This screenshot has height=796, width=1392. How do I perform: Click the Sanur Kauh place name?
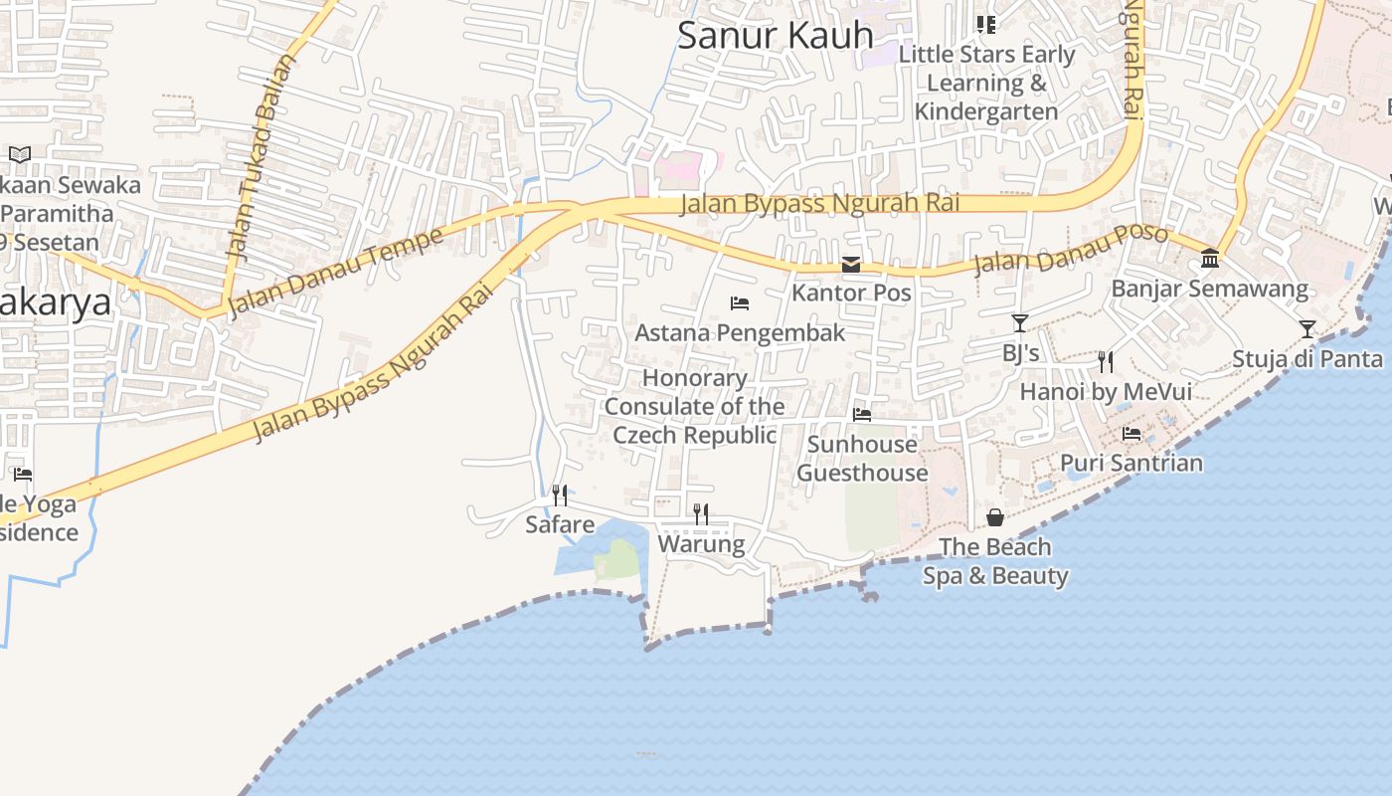[775, 35]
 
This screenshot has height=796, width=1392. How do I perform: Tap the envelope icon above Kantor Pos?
[851, 265]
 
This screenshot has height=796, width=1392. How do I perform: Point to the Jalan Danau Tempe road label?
[335, 272]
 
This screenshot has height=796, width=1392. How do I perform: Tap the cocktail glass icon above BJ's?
[1020, 323]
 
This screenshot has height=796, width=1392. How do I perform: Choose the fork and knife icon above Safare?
[560, 495]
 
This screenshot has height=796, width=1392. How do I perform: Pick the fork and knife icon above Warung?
[701, 513]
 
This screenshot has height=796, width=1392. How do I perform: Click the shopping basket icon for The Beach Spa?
[995, 517]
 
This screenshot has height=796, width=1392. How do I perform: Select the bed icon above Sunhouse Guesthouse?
[862, 414]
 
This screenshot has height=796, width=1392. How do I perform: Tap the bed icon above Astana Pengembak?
[739, 303]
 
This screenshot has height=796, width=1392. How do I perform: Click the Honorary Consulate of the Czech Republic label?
[694, 407]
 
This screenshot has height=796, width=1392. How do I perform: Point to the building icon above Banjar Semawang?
[1210, 259]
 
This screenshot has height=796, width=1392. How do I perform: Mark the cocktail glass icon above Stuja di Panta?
[1307, 329]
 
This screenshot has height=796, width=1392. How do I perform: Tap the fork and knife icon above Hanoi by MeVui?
[1106, 361]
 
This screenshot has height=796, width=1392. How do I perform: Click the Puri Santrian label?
[1131, 463]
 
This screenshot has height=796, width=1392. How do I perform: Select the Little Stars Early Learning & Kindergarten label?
[986, 83]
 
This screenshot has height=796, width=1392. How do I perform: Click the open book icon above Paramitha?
[20, 154]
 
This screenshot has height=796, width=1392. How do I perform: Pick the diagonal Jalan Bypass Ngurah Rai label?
[373, 364]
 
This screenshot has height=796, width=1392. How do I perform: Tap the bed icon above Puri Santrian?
[1131, 434]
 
